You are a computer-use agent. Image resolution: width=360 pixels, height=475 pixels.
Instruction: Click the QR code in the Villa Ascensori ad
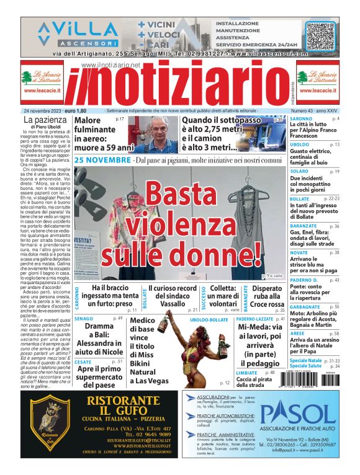320,35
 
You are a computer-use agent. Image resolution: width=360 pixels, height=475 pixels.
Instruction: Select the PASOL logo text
304,414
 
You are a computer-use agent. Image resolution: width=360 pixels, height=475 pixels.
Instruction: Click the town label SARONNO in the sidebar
301,118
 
